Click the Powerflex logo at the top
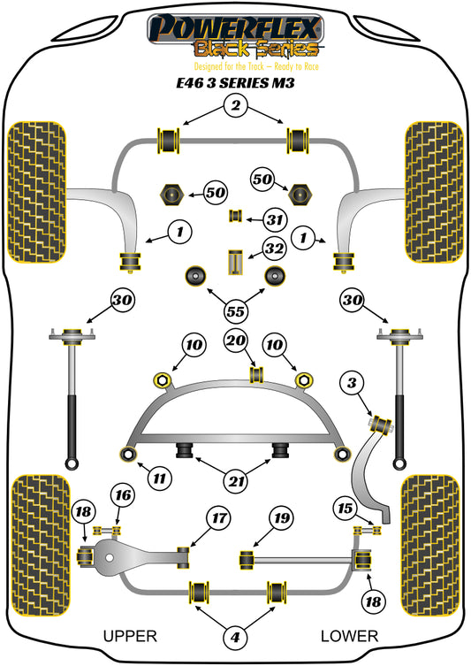235,42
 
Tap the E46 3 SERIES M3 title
235,82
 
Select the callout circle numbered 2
235,105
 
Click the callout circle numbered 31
275,220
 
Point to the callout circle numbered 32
274,249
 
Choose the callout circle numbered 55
235,311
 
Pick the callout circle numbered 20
236,341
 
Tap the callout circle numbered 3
352,383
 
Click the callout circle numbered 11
159,478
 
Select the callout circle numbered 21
236,481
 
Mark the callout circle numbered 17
219,518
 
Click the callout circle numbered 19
281,518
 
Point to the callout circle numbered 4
235,637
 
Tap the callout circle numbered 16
123,495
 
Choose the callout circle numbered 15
345,508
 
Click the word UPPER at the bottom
130,636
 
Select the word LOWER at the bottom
349,636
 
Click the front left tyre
37,193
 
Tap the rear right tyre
430,546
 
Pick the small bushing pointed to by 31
236,216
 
